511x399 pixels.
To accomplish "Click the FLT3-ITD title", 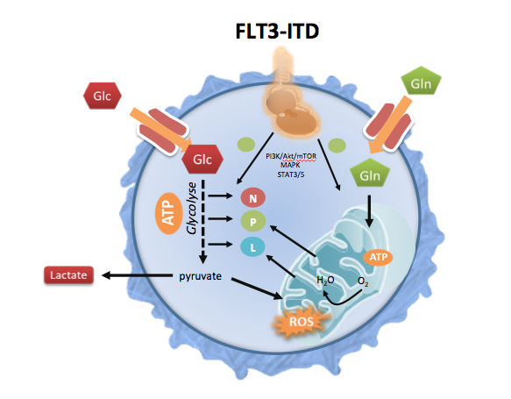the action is click(277, 32).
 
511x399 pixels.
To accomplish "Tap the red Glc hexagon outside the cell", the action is click(103, 96).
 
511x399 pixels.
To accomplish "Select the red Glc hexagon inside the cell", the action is click(202, 160).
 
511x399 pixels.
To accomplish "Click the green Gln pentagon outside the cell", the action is click(421, 82).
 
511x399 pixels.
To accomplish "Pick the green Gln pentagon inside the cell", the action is click(370, 174).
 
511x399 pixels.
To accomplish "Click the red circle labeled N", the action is click(253, 198).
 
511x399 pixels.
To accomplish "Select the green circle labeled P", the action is click(253, 222).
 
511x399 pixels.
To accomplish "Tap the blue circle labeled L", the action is click(253, 247).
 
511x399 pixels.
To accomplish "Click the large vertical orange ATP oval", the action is click(169, 213).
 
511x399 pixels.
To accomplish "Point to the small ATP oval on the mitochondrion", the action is click(378, 257).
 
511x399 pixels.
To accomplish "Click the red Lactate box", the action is click(68, 275).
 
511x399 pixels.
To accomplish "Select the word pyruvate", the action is click(200, 276).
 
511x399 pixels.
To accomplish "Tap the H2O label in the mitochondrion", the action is click(325, 280).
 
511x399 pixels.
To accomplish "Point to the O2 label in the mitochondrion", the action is click(363, 281).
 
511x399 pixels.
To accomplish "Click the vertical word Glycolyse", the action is click(192, 209).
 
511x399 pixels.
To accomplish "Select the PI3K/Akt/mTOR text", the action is click(291, 156).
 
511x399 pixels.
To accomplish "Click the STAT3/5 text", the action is click(291, 175).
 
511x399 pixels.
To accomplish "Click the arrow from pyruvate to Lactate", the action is click(138, 275).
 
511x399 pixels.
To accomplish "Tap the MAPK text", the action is click(290, 165).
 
